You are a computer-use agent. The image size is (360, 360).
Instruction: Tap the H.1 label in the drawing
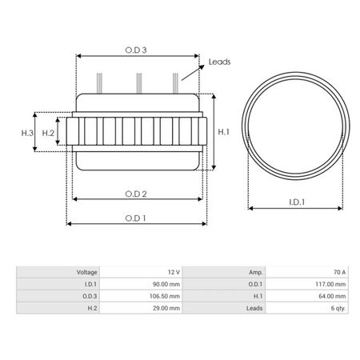coord(225,132)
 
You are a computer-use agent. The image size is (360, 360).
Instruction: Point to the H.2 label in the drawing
coord(48,132)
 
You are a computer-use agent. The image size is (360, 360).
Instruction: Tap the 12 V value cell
coord(174,272)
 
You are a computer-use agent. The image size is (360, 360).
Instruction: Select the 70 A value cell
coord(339,272)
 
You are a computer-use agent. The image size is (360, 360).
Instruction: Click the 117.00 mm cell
coord(330,283)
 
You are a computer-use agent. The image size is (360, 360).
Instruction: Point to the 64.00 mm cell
coord(331,295)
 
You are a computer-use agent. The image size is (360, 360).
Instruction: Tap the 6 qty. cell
coord(336,306)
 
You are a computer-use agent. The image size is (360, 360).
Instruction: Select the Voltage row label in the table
coord(86,272)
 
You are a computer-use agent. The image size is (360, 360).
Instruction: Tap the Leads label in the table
coord(254,306)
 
